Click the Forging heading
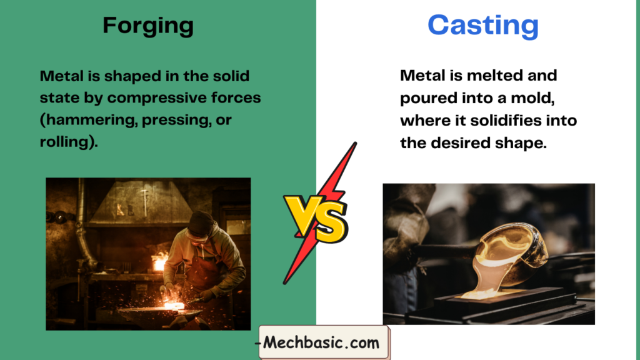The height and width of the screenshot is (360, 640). point(148,26)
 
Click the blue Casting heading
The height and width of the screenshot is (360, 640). point(483,26)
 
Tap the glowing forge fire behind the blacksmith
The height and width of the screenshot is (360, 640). point(159,261)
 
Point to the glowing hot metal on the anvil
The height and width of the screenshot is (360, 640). point(174,305)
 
